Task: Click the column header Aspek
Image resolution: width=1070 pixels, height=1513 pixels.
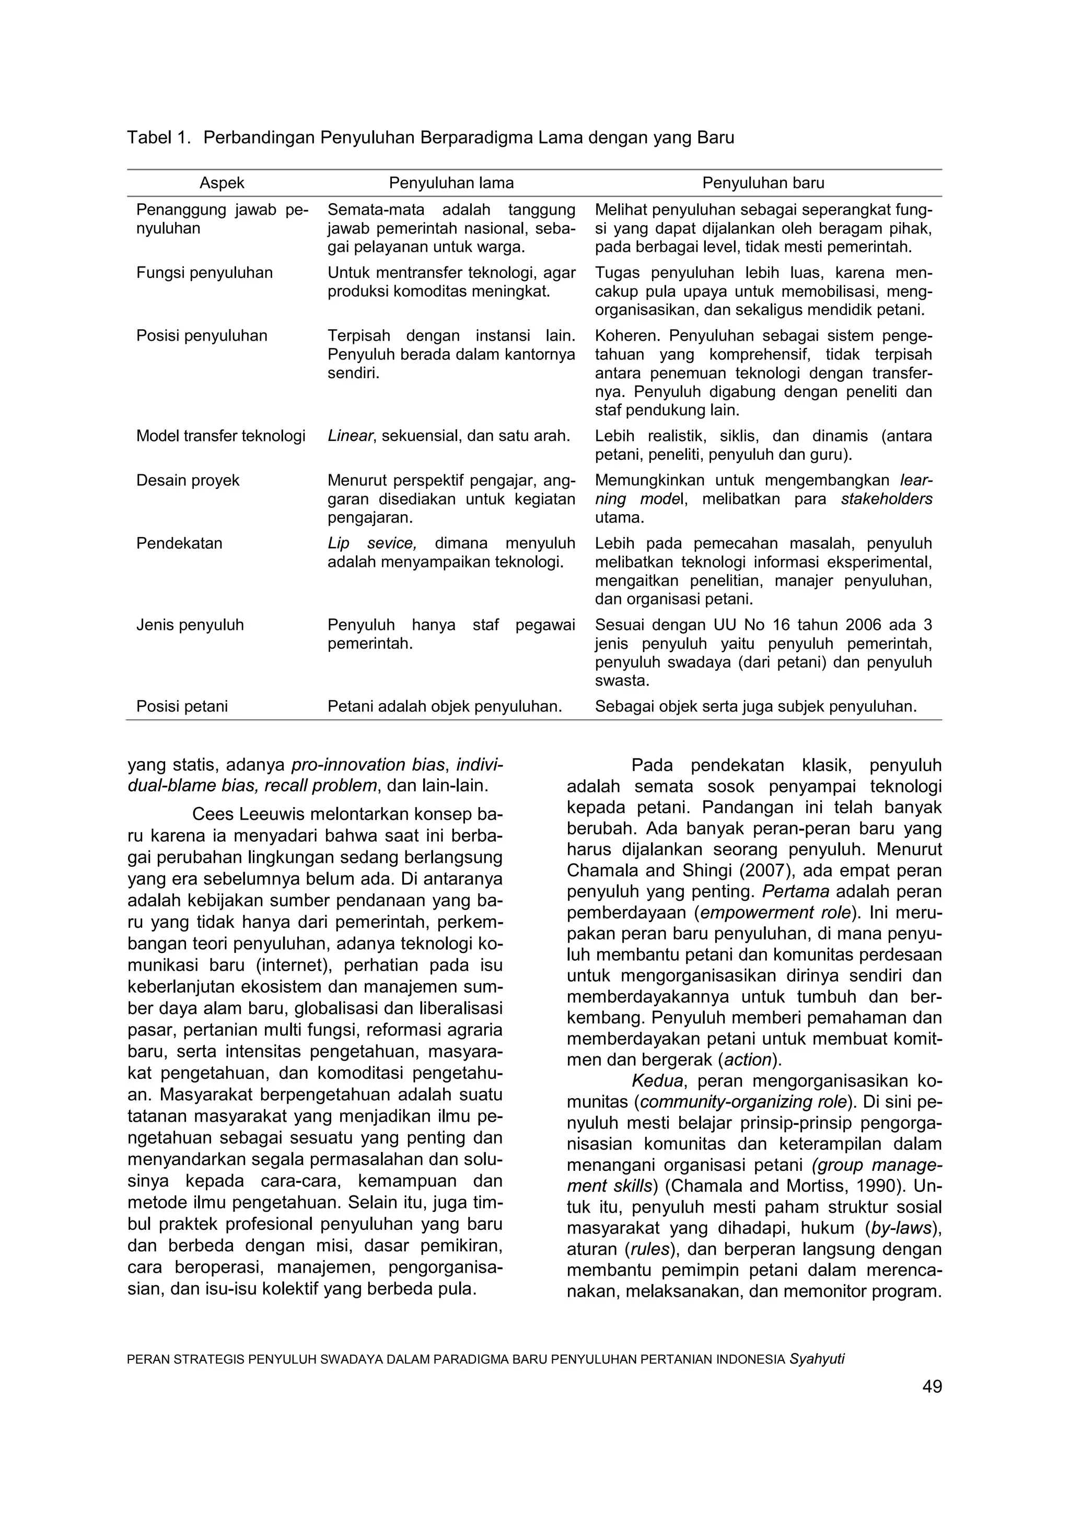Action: click(x=222, y=183)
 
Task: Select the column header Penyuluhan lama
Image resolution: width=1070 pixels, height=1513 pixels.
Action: click(x=451, y=183)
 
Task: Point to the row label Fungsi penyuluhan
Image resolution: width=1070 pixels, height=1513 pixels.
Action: click(x=204, y=273)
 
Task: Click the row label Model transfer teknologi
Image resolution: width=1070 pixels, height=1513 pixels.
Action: click(x=220, y=436)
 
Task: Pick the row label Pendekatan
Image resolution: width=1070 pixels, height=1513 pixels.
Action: click(x=179, y=544)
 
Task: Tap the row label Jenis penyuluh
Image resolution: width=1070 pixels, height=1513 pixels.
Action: click(x=190, y=625)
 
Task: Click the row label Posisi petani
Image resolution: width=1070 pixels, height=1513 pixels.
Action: click(x=182, y=706)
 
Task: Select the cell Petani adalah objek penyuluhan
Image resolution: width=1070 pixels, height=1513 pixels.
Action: click(x=445, y=706)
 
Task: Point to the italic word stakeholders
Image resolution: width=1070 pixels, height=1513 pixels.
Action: click(x=886, y=499)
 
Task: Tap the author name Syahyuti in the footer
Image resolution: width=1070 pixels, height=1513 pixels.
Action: click(x=817, y=1359)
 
